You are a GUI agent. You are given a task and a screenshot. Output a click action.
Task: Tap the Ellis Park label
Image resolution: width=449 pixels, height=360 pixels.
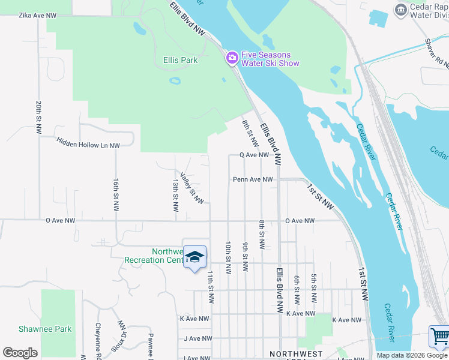[x=181, y=61]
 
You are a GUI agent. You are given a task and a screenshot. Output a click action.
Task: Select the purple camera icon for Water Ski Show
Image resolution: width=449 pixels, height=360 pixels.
[x=232, y=58]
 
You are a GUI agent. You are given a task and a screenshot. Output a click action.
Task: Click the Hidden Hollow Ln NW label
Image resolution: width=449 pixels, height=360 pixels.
[x=88, y=143]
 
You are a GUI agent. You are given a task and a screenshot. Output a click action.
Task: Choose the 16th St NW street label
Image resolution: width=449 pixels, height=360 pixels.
[x=116, y=194]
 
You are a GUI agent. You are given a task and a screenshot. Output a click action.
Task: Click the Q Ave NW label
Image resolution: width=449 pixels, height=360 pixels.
[x=254, y=155]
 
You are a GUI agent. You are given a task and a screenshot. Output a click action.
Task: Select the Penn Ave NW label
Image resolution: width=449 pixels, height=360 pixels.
[x=253, y=179]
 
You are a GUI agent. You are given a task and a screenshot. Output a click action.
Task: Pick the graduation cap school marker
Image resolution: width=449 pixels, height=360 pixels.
[x=194, y=257]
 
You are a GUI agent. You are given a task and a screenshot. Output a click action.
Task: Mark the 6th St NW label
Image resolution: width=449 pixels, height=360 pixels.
[x=297, y=289]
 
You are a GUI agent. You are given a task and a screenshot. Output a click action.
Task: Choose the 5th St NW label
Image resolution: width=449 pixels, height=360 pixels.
[x=314, y=289]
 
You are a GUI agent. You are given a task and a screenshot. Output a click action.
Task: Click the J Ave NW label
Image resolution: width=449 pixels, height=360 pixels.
[x=198, y=338]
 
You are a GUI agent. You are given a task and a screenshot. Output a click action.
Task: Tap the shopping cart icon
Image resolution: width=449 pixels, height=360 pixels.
[x=439, y=337]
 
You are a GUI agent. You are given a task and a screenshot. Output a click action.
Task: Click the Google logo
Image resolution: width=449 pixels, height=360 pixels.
[x=20, y=353]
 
